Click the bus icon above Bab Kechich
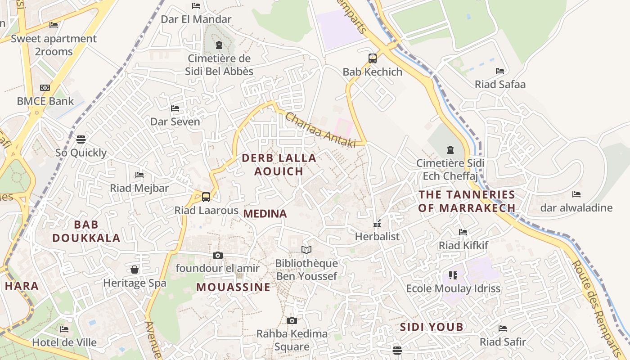(372, 58)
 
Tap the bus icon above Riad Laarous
(206, 197)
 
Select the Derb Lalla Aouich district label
(279, 164)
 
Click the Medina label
(265, 214)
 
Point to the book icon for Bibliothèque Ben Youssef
(306, 250)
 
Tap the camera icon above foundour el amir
(218, 255)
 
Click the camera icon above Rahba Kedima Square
(292, 320)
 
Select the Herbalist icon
(377, 224)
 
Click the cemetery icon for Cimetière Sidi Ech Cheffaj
(450, 149)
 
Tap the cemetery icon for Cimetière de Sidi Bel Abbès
(219, 45)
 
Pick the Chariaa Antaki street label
(320, 130)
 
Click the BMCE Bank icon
(45, 88)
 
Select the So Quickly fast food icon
(81, 139)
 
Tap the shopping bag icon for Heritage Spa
(134, 270)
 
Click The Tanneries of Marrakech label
(467, 201)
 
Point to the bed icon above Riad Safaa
(499, 71)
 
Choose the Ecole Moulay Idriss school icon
(453, 275)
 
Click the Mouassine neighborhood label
(234, 287)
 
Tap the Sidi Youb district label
(432, 327)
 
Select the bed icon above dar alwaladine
(576, 194)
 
